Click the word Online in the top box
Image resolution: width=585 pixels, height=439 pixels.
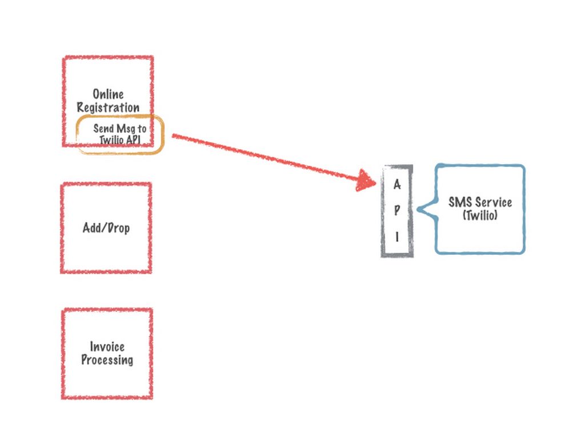coord(108,94)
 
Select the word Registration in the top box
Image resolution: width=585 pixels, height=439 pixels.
coord(108,107)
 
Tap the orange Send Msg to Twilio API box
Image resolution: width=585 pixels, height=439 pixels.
coord(121,134)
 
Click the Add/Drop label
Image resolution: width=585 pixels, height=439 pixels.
coord(106,228)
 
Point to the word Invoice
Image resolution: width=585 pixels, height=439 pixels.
coord(107,346)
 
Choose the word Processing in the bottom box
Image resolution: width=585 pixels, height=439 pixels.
coord(107,360)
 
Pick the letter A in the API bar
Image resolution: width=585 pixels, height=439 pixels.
coord(397,185)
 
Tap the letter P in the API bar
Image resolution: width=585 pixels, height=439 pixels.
coord(397,210)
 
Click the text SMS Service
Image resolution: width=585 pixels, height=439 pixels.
coord(480,202)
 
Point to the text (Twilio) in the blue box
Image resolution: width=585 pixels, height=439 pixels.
coord(480,215)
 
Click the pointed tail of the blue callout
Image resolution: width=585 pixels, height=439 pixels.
coord(420,210)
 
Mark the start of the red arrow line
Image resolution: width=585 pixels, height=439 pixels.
coord(174,135)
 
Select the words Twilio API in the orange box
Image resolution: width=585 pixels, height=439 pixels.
coord(120,140)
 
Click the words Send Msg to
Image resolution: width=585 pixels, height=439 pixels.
coord(120,129)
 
